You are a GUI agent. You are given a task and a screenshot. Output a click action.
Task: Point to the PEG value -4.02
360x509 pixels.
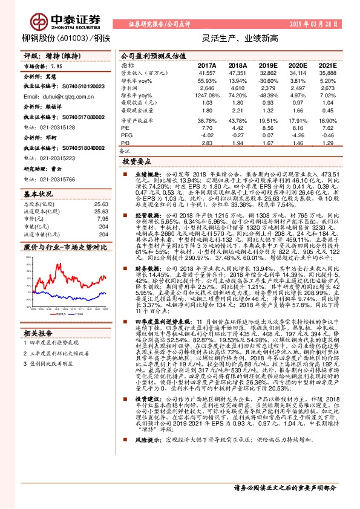click(207, 135)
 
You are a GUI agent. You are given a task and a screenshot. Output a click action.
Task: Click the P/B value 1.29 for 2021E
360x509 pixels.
click(327, 143)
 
